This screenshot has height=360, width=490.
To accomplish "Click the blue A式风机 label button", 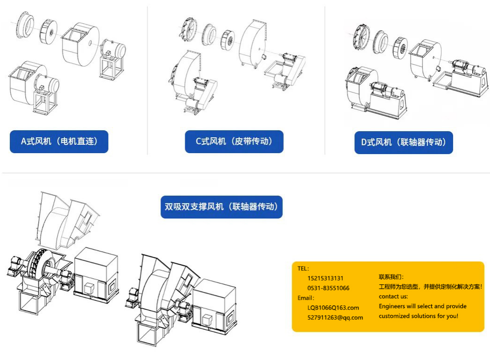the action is point(59,141).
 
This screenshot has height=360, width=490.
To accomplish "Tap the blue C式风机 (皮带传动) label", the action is point(234,141).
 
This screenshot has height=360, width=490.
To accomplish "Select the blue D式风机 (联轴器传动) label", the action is point(404,142).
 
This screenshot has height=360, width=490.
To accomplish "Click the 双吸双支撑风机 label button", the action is point(222,207).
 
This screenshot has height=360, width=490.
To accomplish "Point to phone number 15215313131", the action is point(325,278).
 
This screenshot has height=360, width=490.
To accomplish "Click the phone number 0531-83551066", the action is point(329,288).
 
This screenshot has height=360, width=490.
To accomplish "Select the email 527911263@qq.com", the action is point(336,318).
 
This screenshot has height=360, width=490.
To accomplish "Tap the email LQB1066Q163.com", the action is point(333,308).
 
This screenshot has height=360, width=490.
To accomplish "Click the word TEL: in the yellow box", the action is point(303,268).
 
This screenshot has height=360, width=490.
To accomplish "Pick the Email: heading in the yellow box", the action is point(306,298).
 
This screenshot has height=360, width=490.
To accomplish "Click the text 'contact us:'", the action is point(393,296).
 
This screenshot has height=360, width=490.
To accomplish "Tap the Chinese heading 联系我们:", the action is point(391,277).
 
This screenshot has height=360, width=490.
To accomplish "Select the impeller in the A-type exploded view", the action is point(49,31).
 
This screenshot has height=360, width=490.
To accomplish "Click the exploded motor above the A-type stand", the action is point(113,50).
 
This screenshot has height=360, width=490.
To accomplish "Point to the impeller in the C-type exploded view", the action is point(228,40).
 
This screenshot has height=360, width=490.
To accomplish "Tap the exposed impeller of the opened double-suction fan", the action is point(41,264).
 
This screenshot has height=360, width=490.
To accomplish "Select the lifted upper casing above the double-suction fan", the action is point(67,220).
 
